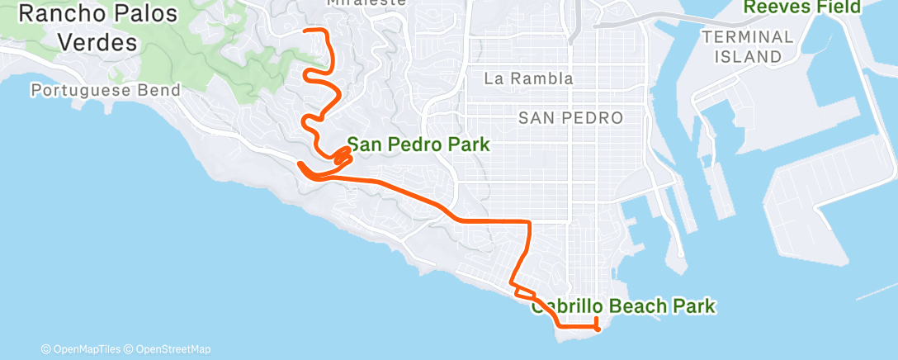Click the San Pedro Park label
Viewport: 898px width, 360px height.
418,144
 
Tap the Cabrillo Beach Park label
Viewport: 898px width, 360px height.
623,307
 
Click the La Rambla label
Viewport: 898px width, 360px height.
528,79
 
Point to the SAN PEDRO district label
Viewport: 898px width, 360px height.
570,118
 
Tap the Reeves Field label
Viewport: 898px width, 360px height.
802,7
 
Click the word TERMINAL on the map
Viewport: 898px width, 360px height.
748,37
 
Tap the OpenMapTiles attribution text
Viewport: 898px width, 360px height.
81,349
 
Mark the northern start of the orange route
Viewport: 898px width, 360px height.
308,31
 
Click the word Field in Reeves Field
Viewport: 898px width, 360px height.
837,7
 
